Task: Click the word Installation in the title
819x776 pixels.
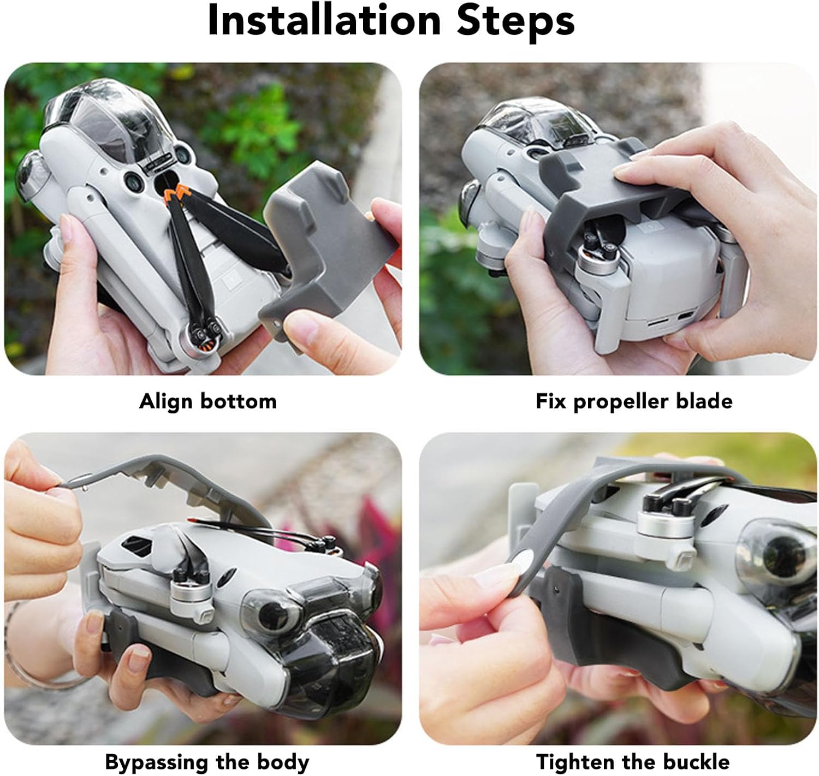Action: coord(324,20)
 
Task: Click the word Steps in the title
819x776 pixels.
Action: coord(516,23)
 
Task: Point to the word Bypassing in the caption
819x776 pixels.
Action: coord(157,762)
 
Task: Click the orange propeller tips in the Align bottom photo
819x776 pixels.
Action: coord(176,192)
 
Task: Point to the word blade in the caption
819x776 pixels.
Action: coord(704,401)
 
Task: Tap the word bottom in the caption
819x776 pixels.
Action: coord(239,402)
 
